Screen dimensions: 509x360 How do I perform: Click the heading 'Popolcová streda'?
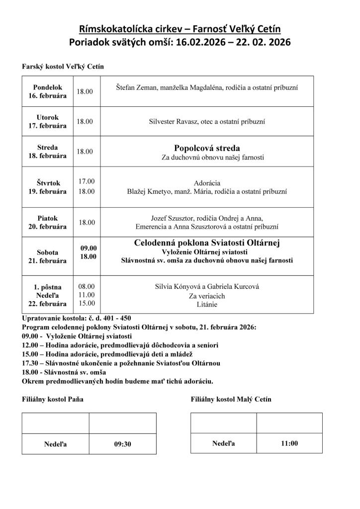click(x=207, y=148)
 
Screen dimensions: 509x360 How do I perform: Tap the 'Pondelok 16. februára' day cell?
click(x=47, y=91)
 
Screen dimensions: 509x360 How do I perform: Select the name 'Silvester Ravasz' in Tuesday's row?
click(x=173, y=121)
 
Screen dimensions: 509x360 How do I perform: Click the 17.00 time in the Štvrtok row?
click(x=86, y=181)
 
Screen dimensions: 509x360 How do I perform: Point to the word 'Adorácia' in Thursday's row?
click(x=207, y=182)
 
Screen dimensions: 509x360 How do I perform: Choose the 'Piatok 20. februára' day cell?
click(x=47, y=222)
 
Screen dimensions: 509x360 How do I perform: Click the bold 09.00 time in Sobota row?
click(x=89, y=248)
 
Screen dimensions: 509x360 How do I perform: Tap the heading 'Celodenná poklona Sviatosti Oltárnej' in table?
click(x=207, y=243)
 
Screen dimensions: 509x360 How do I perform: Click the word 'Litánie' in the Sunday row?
click(x=207, y=304)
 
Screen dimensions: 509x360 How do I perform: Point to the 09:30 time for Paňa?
click(x=122, y=444)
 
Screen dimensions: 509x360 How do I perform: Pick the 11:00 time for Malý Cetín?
click(x=289, y=443)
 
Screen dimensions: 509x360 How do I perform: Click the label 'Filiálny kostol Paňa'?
click(x=53, y=400)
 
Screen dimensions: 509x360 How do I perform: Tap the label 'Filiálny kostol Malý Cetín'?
click(x=231, y=400)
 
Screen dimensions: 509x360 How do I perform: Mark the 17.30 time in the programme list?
click(x=31, y=363)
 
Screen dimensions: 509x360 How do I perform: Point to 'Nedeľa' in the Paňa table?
click(x=55, y=444)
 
